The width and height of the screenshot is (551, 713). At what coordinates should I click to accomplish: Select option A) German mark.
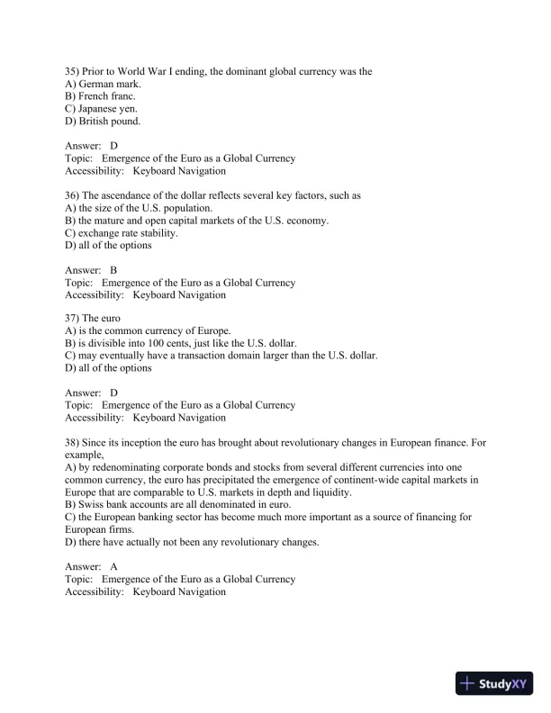(x=104, y=84)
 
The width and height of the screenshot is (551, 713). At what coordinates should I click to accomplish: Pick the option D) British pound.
(x=103, y=122)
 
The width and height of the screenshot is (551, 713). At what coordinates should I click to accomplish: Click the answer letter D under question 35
(x=114, y=146)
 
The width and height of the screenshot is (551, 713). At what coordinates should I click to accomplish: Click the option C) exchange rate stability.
(x=122, y=233)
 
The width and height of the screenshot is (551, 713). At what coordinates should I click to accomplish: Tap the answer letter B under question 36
(x=114, y=270)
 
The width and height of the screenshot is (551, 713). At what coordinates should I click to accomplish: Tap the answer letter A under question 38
(x=114, y=567)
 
